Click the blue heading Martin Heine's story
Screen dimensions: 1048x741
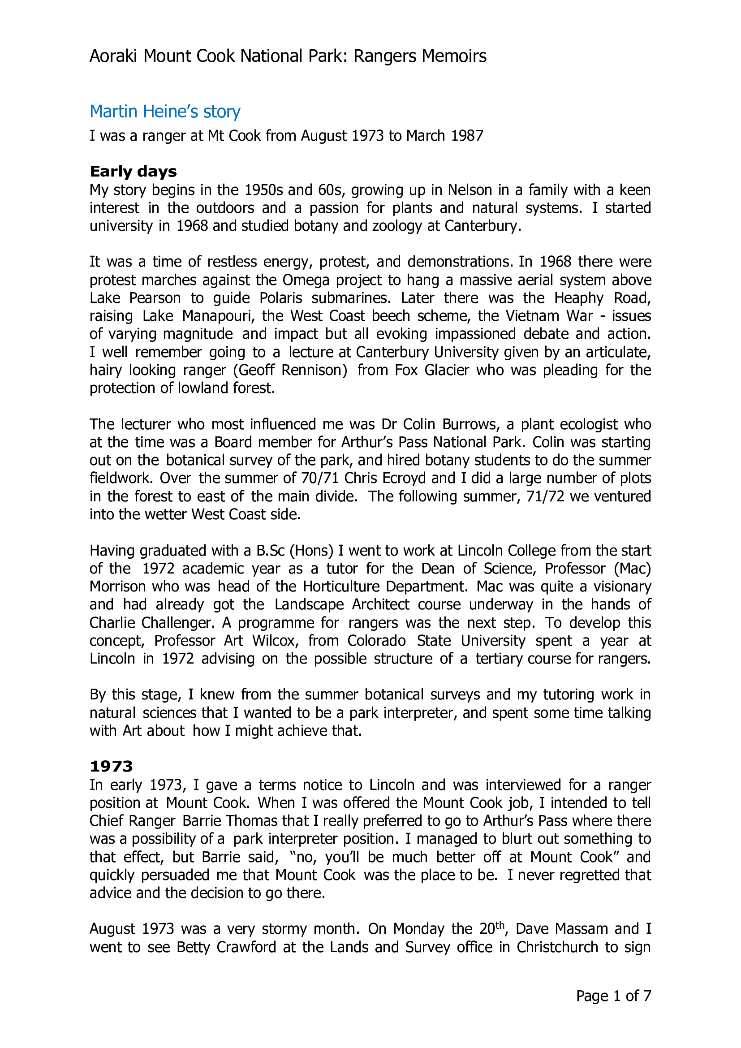[165, 112]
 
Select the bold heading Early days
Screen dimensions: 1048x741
[133, 172]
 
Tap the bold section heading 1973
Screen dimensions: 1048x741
[112, 766]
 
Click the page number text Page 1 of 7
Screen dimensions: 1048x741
[613, 996]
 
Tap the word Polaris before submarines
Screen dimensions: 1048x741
[280, 298]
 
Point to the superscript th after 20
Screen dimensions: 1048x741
[500, 925]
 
